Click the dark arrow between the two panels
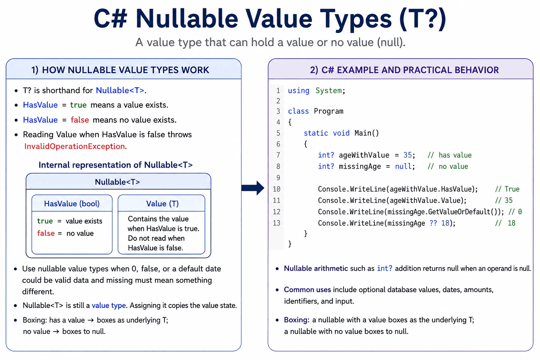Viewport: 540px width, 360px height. click(x=253, y=188)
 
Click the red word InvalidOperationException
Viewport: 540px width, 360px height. click(x=75, y=146)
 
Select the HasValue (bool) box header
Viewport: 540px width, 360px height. click(x=72, y=204)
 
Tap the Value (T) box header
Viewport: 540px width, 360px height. click(x=162, y=204)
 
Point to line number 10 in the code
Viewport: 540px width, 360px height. click(x=277, y=189)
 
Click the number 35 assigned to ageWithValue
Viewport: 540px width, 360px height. click(x=407, y=155)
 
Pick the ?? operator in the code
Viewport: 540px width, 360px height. click(x=433, y=223)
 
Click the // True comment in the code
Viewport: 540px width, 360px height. click(x=507, y=189)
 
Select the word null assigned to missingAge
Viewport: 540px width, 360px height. click(x=403, y=166)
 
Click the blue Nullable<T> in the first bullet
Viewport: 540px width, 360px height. click(x=120, y=90)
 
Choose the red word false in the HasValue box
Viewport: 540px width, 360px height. click(x=46, y=233)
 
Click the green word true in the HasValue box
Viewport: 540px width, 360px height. click(x=45, y=221)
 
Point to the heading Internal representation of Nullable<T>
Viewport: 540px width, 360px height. click(x=116, y=165)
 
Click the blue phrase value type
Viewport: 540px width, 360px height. click(x=109, y=306)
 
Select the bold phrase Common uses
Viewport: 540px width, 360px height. click(x=307, y=290)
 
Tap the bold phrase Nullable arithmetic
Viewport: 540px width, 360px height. click(x=316, y=268)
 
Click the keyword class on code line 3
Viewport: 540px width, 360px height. click(x=298, y=111)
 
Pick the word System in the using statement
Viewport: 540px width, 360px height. click(x=329, y=91)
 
